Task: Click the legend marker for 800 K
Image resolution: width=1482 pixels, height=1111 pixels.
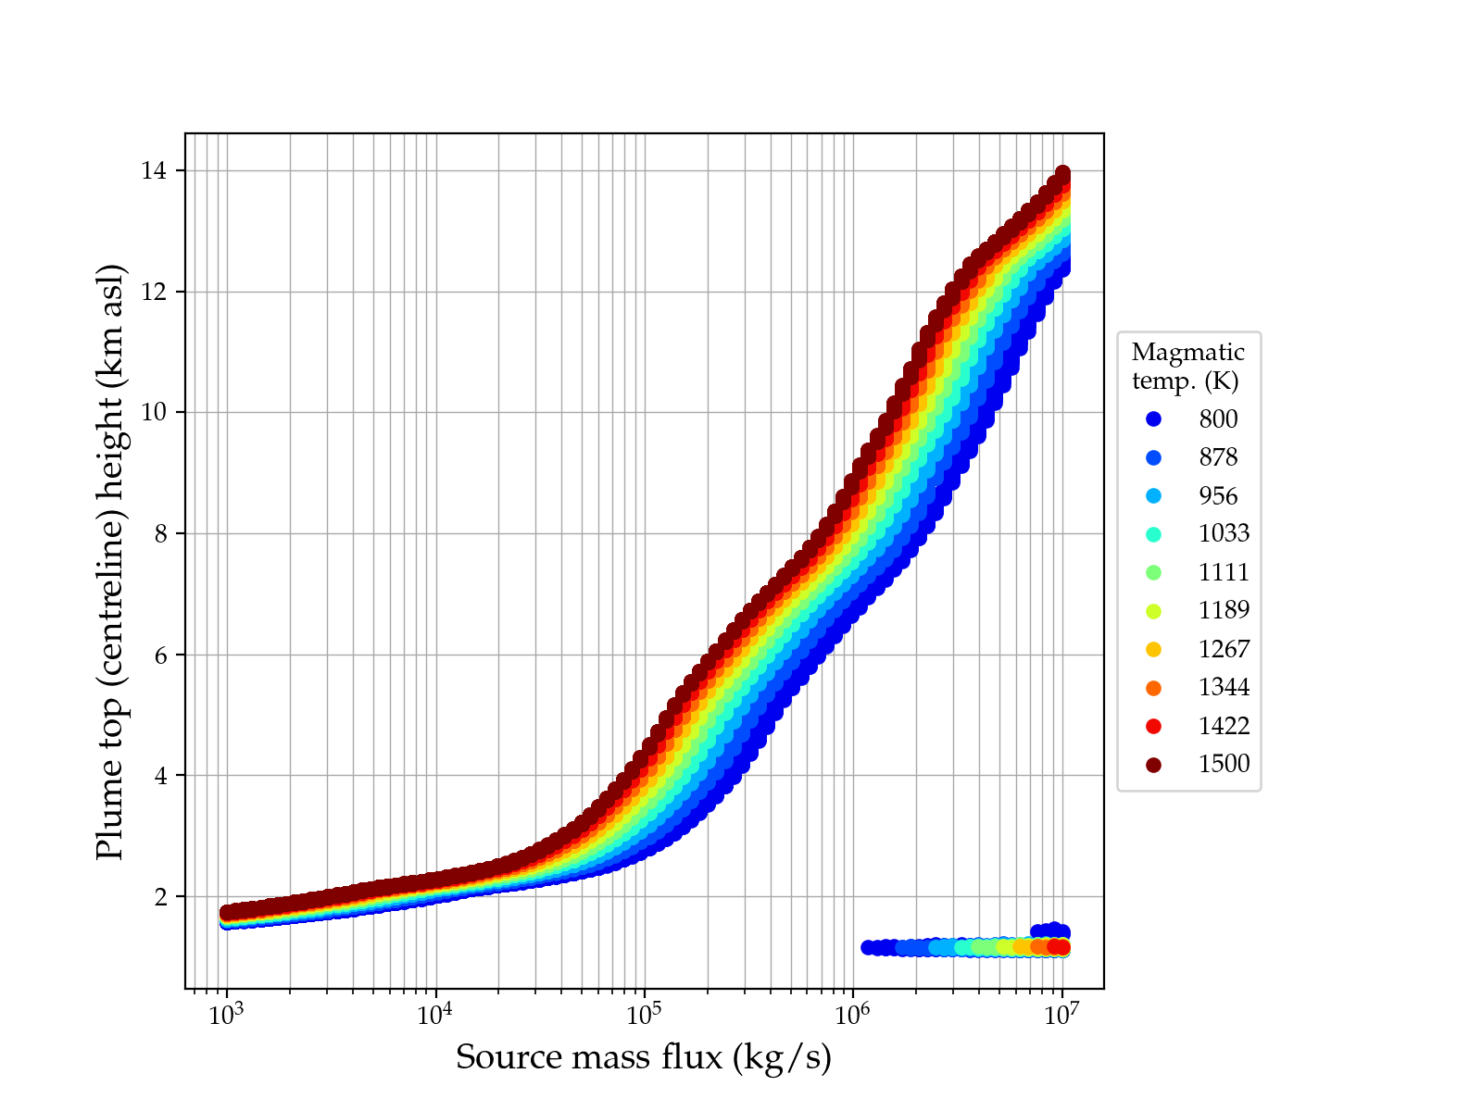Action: click(1153, 419)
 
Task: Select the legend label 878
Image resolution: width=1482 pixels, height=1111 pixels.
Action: click(1218, 457)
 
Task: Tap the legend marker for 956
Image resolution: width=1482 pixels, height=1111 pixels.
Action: click(1153, 496)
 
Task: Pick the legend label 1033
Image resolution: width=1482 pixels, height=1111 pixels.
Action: click(1224, 533)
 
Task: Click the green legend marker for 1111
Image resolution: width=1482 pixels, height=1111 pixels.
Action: click(1153, 572)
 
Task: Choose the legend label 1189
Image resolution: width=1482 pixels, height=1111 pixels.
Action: click(1224, 610)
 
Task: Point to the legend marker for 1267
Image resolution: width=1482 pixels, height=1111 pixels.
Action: click(1153, 649)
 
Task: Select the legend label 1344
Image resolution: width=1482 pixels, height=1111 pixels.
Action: click(1224, 687)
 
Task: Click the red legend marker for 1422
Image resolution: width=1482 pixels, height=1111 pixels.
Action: click(1153, 726)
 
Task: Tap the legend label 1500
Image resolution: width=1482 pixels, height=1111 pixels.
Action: click(1224, 764)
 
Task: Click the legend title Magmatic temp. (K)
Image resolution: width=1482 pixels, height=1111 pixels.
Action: click(1188, 367)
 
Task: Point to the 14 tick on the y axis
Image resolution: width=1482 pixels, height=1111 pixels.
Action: click(153, 171)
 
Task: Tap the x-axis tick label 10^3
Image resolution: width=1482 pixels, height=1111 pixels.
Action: click(226, 1015)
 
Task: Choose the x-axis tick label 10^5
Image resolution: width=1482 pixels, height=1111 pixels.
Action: click(644, 1015)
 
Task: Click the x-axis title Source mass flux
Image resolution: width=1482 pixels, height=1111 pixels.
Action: click(644, 1057)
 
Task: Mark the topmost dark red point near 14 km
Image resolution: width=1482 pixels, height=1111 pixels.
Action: click(1062, 174)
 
